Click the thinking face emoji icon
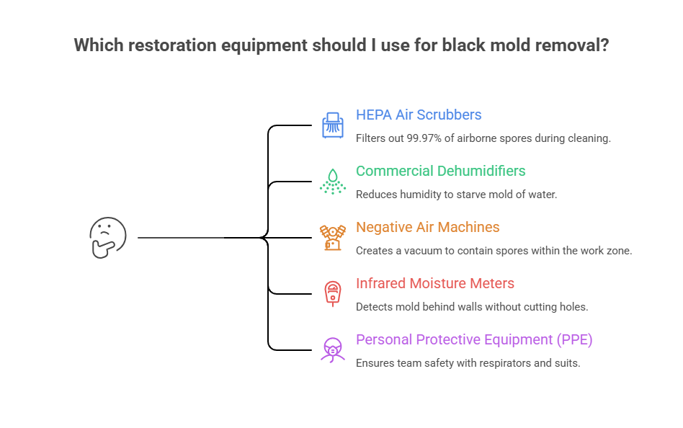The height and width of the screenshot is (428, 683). point(107,238)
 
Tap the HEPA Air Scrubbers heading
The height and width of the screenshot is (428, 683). point(419,115)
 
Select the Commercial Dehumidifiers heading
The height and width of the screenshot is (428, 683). point(440,171)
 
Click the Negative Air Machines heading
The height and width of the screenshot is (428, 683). point(427,228)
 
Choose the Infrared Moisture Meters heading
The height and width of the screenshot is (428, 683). point(434,284)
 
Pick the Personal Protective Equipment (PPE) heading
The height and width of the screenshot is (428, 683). point(474,340)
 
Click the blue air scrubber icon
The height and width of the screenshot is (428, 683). point(332,125)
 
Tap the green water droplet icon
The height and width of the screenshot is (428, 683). point(332,181)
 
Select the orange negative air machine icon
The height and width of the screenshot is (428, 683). point(332,237)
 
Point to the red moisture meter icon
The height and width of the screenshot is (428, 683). point(332,293)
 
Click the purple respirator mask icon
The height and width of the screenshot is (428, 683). point(332,349)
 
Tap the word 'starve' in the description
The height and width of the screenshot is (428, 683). point(472,194)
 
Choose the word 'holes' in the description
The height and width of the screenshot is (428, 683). point(572,306)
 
